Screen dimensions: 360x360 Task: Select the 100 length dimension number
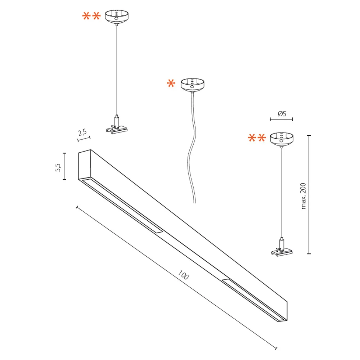(183, 276)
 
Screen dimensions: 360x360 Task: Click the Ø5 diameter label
(282, 114)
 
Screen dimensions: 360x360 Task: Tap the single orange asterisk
(171, 84)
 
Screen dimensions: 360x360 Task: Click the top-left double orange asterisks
(91, 17)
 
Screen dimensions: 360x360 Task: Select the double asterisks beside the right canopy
(257, 138)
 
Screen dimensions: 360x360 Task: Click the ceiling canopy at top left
(116, 17)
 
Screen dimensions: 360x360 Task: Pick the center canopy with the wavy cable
(192, 85)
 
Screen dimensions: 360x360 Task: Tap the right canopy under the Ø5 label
(282, 139)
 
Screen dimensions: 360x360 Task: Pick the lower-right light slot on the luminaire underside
(252, 299)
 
